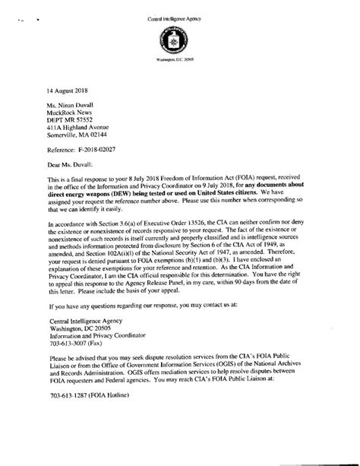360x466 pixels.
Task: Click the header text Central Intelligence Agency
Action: pos(179,8)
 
